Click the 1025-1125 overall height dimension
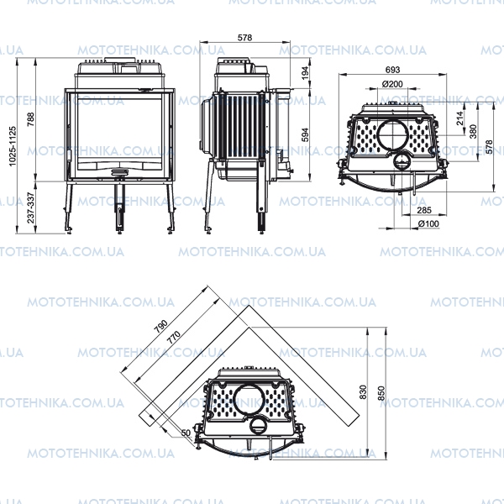coord(13,146)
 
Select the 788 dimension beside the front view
coord(30,119)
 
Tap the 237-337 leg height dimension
coord(30,207)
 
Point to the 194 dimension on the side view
coord(305,73)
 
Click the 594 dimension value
coord(305,134)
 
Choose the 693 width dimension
coord(392,70)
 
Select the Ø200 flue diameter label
coord(392,84)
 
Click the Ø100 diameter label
coord(428,223)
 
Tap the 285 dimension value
coord(424,210)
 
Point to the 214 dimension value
coord(460,118)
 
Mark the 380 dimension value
coord(473,131)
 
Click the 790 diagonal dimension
coord(160,326)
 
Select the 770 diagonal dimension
coord(174,338)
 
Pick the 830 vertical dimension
coord(363,391)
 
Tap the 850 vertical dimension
coord(381,393)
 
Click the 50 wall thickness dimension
coord(186,433)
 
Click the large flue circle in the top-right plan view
coord(392,134)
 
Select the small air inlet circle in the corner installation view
coord(258,426)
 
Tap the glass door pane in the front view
coord(119,134)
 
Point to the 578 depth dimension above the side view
coord(244,38)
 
